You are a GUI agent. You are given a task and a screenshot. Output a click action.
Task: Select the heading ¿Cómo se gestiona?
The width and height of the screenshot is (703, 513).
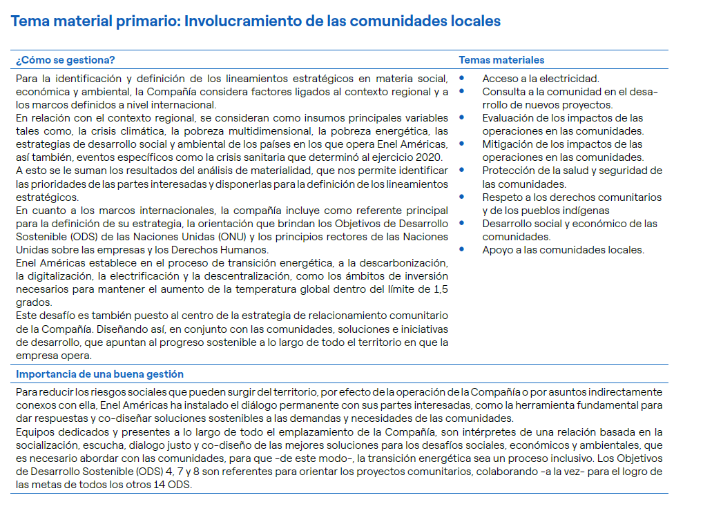click(x=66, y=60)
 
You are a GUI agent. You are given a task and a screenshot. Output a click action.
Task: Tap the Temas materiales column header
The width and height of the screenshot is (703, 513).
click(x=501, y=60)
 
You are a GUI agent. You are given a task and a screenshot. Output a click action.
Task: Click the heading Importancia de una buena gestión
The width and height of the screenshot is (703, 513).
click(x=99, y=374)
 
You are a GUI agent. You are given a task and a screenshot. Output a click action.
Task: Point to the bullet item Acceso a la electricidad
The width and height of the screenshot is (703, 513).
click(x=541, y=79)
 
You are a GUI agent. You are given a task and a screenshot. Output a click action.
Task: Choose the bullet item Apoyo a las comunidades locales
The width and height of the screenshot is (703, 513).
click(x=563, y=250)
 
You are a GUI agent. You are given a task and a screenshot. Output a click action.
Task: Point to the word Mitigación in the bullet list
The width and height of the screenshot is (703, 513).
click(x=509, y=144)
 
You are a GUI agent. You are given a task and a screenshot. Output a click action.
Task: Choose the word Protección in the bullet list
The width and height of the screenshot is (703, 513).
click(x=510, y=171)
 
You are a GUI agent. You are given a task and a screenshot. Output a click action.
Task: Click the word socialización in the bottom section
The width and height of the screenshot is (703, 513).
click(x=47, y=445)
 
